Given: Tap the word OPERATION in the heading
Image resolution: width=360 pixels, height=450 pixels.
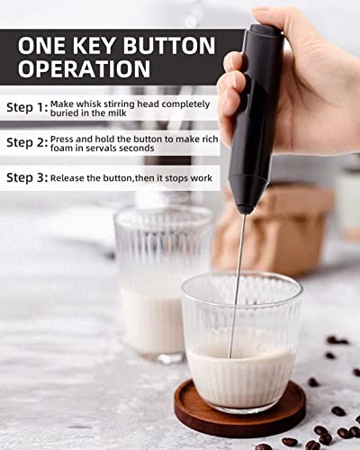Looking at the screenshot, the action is coord(85,69).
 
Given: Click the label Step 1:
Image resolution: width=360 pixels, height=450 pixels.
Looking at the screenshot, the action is coord(27,108).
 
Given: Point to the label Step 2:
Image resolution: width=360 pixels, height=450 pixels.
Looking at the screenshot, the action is coord(27,143).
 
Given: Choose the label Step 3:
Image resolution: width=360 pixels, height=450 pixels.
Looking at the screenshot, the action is coord(27,177).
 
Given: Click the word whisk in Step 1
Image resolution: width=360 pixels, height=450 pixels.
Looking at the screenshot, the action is coord(89,104).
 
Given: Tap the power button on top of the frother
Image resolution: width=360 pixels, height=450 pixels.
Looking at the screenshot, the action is coord(262,29).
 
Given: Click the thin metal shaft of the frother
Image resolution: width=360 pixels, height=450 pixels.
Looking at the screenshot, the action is coord(238,285).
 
